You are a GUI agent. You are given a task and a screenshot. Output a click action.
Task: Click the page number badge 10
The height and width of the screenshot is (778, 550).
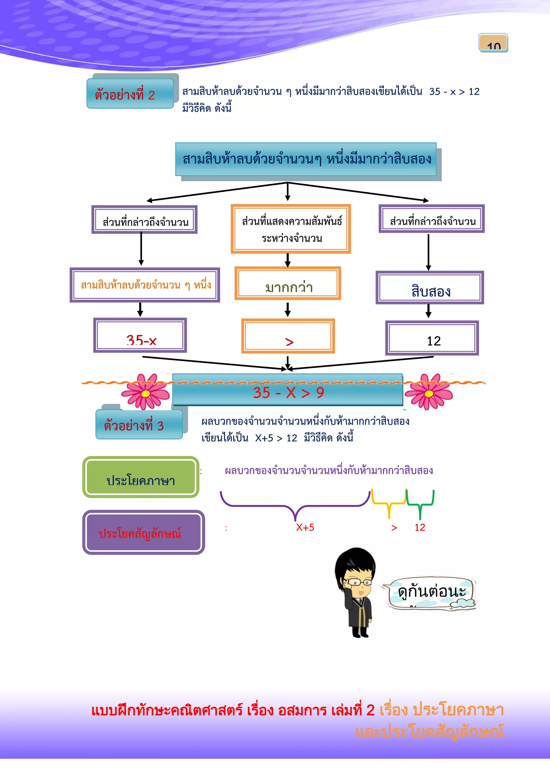click(x=493, y=43)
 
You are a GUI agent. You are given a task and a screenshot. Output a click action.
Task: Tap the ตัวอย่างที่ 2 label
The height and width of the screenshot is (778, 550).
click(x=130, y=94)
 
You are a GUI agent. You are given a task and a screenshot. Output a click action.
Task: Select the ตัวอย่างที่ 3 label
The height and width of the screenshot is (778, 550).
click(x=139, y=424)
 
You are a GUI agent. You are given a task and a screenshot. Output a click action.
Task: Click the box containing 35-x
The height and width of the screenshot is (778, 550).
click(x=140, y=336)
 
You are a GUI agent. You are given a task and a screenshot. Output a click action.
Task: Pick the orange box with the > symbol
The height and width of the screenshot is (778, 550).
click(x=288, y=336)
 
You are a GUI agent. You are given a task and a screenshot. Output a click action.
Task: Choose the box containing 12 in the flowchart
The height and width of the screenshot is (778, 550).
click(x=432, y=338)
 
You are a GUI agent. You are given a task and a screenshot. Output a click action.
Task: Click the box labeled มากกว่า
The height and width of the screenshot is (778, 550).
click(x=288, y=284)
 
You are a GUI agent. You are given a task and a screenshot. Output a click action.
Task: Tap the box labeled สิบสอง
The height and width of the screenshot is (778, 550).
click(x=430, y=288)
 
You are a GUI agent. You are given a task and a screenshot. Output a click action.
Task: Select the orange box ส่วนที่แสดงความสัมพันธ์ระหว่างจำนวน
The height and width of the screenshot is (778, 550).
click(x=291, y=229)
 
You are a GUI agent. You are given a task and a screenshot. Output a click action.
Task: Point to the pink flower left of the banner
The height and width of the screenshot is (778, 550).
click(x=146, y=392)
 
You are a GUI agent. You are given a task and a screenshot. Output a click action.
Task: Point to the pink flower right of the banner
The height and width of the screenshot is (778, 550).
click(x=429, y=392)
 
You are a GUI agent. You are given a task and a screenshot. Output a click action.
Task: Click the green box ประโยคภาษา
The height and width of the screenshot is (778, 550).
click(x=140, y=477)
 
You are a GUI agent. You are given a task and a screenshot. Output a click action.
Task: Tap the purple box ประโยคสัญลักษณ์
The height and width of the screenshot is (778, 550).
click(x=143, y=532)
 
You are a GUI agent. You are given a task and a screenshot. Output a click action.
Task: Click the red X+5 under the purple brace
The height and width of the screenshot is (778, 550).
click(x=305, y=527)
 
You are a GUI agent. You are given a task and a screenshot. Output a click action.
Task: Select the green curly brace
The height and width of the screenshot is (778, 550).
click(x=420, y=504)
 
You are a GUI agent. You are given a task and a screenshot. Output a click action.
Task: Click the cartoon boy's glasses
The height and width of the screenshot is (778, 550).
click(x=358, y=582)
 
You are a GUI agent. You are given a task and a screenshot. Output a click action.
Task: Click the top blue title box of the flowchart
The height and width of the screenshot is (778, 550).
click(x=306, y=159)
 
